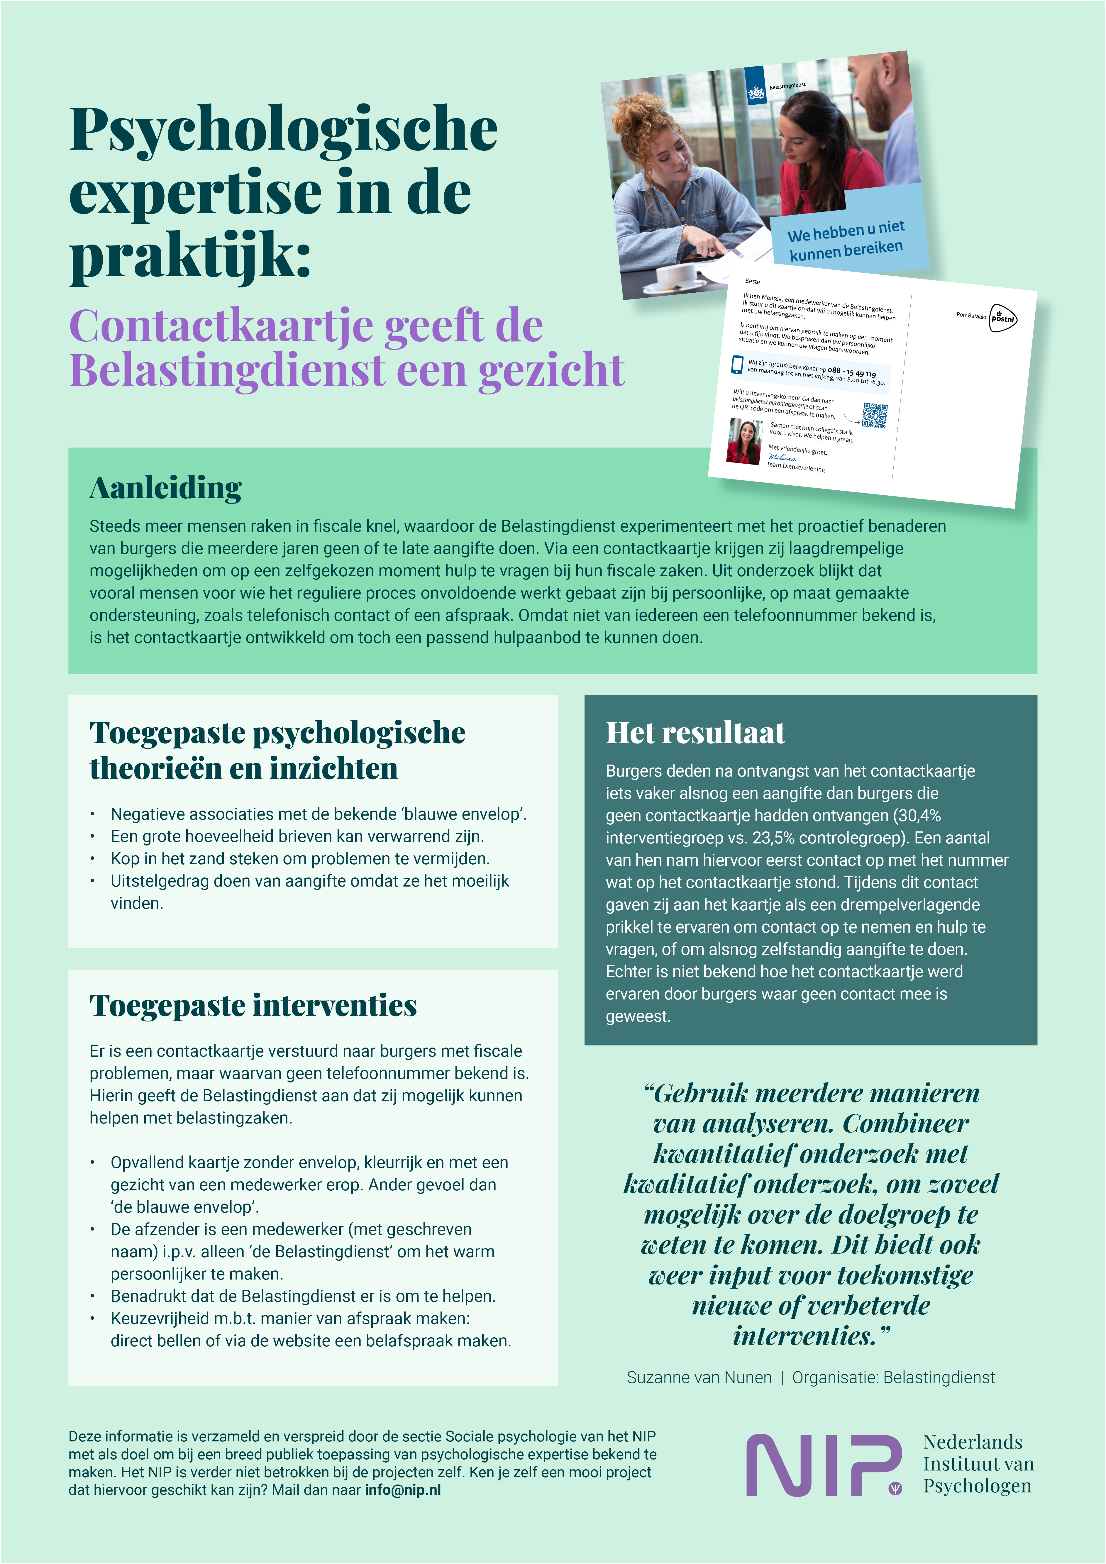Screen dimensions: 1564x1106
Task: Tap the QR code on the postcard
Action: pyautogui.click(x=875, y=415)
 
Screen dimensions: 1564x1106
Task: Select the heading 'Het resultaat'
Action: pyautogui.click(x=695, y=733)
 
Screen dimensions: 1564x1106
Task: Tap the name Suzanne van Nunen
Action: pyautogui.click(x=699, y=1377)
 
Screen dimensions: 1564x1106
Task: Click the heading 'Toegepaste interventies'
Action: pyautogui.click(x=253, y=1005)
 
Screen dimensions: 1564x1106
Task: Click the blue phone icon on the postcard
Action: pyautogui.click(x=737, y=365)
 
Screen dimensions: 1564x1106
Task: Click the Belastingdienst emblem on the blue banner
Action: pyautogui.click(x=756, y=93)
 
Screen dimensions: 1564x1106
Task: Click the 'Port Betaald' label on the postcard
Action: pyautogui.click(x=970, y=315)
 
